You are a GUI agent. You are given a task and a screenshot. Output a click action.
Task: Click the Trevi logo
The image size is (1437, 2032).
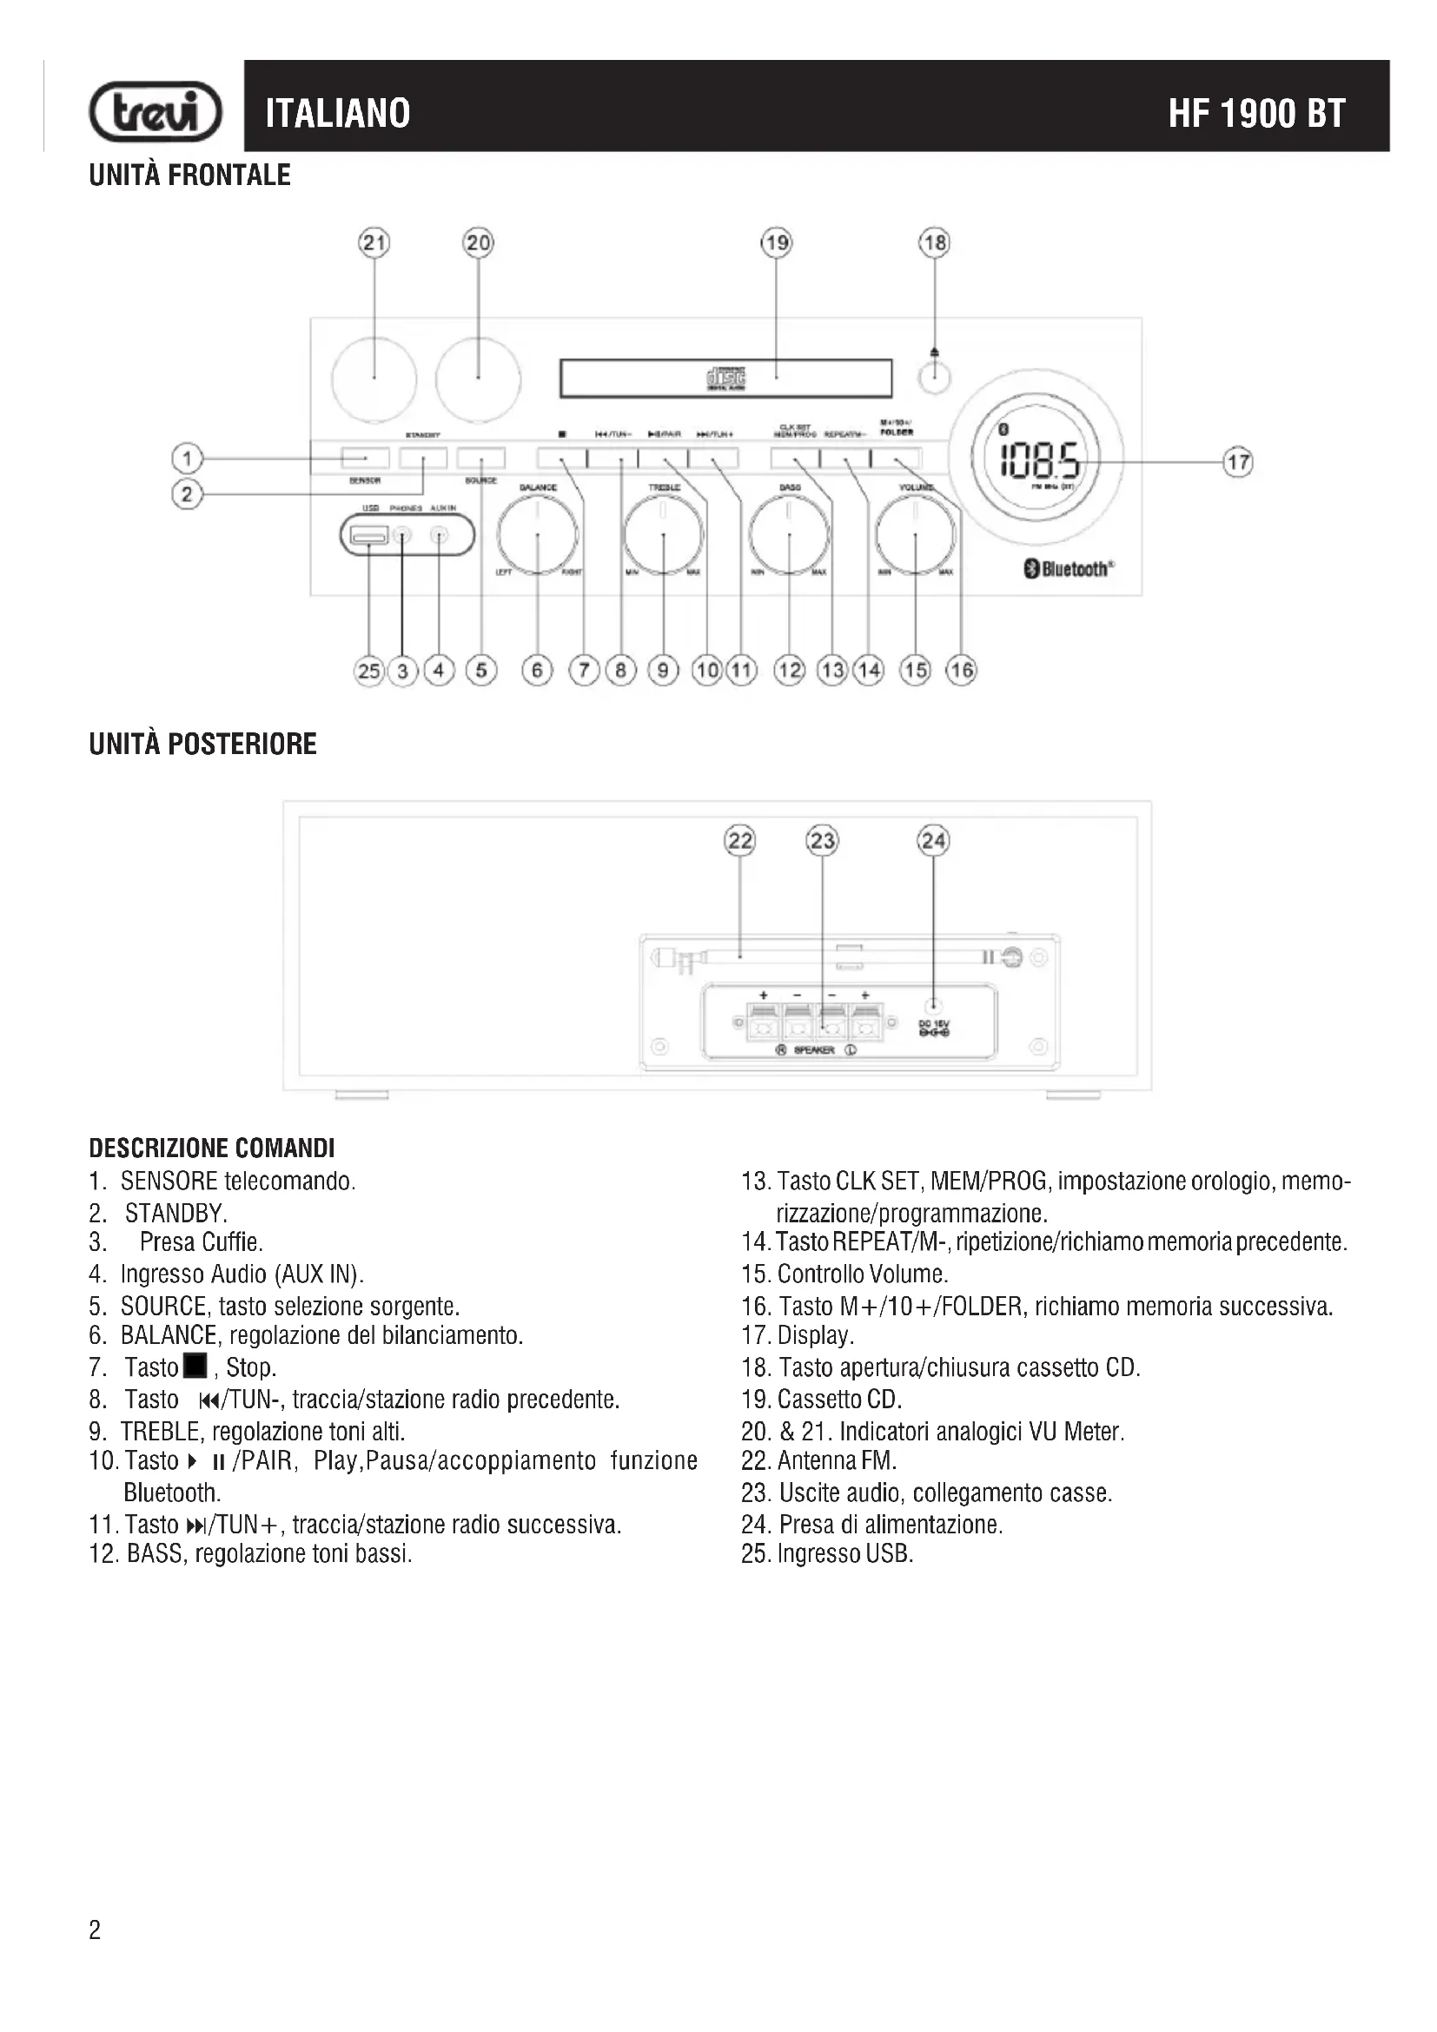coord(156,112)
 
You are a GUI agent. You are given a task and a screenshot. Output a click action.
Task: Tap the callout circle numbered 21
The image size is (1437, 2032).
coord(374,242)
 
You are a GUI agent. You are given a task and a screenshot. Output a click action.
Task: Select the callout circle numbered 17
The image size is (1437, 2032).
coord(1238,461)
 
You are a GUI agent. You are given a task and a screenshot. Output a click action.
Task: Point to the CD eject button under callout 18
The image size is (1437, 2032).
coord(935,378)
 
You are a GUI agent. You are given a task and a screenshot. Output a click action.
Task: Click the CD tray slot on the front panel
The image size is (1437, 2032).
coord(725,379)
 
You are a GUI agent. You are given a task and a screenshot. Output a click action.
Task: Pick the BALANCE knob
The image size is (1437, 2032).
coord(537,535)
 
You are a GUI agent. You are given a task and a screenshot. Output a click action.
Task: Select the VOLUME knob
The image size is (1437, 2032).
coord(915,535)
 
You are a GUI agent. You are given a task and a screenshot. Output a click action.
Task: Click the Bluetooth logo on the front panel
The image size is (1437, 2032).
coord(1069,569)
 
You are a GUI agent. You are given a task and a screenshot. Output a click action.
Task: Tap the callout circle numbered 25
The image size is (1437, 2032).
coord(369,671)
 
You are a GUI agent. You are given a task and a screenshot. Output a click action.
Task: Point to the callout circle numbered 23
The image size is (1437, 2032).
coord(822,840)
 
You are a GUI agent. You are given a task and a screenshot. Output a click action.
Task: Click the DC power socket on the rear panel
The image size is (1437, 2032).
coord(932,1006)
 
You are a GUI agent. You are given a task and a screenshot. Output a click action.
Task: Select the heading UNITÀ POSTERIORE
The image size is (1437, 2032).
coord(202,744)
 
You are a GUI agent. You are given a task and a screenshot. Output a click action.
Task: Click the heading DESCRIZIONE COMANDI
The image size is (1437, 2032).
coord(211,1148)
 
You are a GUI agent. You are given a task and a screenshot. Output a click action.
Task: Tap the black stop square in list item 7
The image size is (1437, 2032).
coord(195,1366)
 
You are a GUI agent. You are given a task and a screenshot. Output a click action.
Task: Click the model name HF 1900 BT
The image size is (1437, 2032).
coord(1255,113)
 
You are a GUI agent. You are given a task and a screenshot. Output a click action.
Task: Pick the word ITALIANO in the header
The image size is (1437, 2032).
coord(338,113)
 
